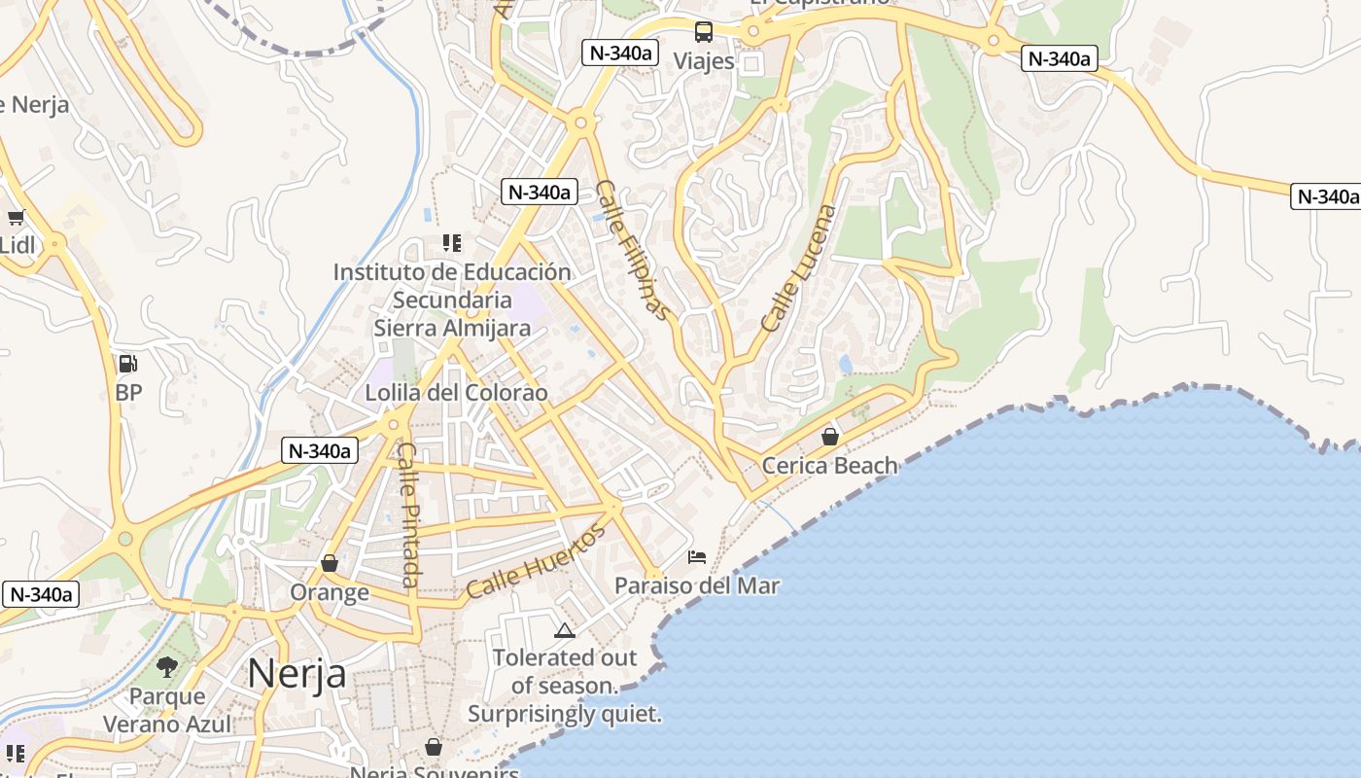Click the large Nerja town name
point(296,672)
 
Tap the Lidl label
point(17,245)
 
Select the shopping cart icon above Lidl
point(16,218)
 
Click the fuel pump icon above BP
point(127,365)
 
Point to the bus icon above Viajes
point(703,32)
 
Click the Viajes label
point(704,61)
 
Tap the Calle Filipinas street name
point(633,250)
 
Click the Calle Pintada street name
point(410,515)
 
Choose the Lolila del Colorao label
point(456,393)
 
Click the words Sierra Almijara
point(452,328)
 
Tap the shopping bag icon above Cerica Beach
point(830,437)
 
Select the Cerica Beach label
point(830,465)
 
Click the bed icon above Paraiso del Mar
point(697,557)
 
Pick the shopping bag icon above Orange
point(330,563)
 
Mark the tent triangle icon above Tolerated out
point(565,630)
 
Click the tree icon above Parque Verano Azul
point(167,667)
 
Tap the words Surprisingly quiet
point(564,714)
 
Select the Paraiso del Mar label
point(697,585)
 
